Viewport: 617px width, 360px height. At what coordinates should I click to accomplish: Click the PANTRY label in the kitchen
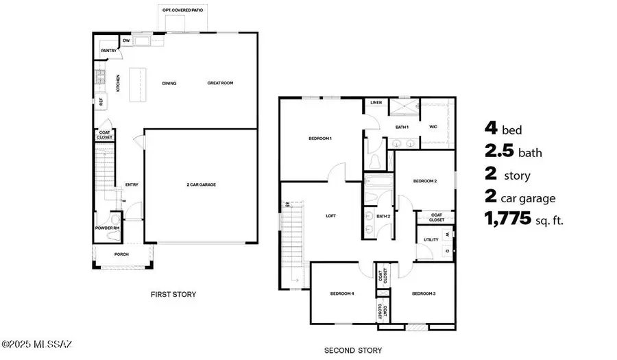coord(108,51)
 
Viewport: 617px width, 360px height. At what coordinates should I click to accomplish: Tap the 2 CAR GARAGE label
coord(202,184)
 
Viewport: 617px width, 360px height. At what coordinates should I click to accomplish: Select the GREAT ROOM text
coord(221,83)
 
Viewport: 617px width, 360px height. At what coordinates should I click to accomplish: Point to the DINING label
coord(169,84)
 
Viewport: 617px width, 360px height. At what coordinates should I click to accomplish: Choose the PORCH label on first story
coord(121,254)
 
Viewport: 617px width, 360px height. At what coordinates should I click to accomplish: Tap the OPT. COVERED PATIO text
coord(182,11)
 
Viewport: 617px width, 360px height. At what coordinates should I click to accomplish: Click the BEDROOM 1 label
coord(320,139)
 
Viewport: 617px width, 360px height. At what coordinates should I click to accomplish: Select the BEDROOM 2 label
coord(425,181)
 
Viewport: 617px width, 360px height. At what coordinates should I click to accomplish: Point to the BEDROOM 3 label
coord(424,293)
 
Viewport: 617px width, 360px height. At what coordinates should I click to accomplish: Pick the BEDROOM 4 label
coord(342,293)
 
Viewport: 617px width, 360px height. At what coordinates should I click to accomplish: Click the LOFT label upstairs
coord(330,215)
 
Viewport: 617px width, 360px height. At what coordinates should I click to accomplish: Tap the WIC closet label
coord(433,127)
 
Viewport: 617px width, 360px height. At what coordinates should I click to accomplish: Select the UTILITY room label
coord(431,240)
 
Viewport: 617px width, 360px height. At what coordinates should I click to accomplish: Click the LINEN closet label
coord(376,103)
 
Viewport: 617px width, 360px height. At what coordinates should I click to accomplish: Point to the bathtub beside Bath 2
coord(377,183)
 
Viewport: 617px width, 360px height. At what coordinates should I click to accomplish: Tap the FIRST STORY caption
coord(173,294)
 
